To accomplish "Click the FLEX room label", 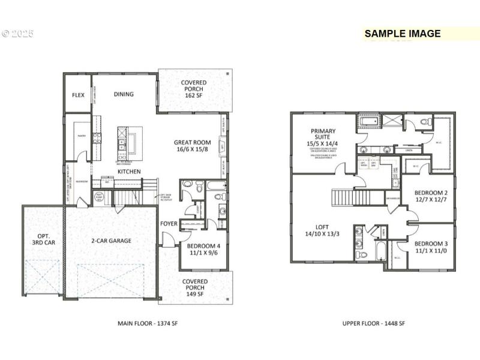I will [x=78, y=95].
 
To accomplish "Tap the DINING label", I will [x=124, y=94].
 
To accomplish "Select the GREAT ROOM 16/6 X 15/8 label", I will [x=192, y=146].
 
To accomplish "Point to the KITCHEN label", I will [x=129, y=172].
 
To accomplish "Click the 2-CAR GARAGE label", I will [x=110, y=241].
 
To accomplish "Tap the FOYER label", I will [x=169, y=224].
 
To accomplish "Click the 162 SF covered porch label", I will [x=194, y=90].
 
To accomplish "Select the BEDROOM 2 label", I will [x=431, y=196].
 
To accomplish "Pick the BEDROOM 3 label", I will [x=431, y=247].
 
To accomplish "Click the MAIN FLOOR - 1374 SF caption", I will [x=148, y=323].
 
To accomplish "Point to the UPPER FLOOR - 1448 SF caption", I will [x=374, y=323].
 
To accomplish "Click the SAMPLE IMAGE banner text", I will [x=403, y=34].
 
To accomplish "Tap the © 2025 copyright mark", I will [x=17, y=34].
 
